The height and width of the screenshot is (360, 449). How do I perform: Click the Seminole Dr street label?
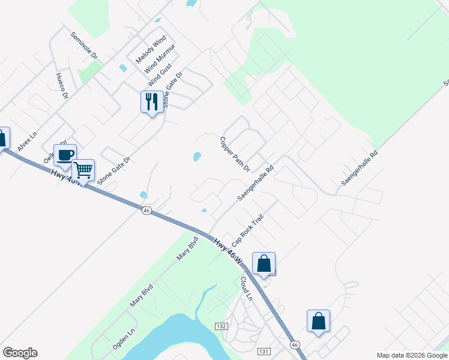(85, 46)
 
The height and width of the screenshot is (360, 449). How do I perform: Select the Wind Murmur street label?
(159, 59)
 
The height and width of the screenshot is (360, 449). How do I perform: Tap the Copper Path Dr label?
(234, 154)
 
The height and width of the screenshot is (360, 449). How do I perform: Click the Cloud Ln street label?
(246, 288)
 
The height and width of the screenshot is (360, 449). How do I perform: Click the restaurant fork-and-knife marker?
(152, 102)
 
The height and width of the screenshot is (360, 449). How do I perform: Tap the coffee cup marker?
(65, 155)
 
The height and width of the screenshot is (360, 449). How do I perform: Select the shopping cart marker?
(83, 170)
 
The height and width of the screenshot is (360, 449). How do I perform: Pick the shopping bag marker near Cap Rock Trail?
(264, 263)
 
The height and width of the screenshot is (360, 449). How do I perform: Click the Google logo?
(20, 353)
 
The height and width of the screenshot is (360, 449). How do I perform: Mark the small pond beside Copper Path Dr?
(196, 157)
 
